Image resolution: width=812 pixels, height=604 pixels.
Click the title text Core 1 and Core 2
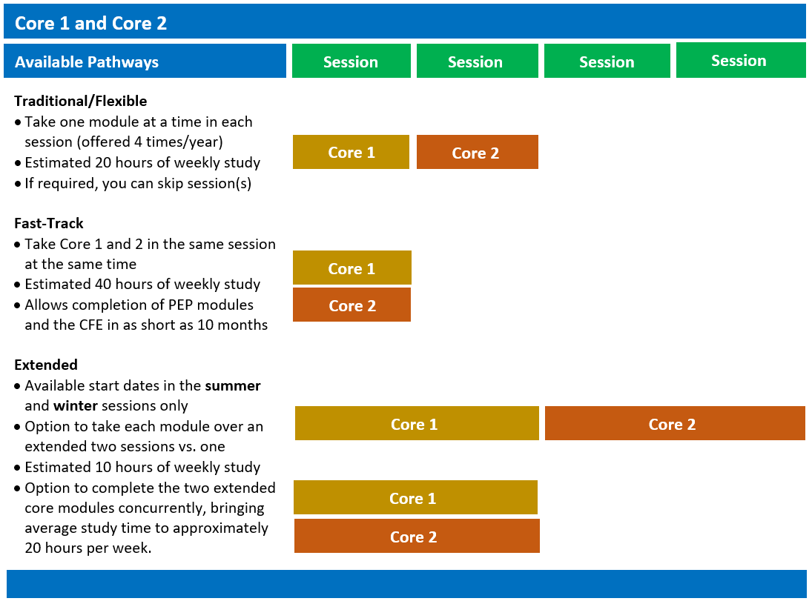coord(90,23)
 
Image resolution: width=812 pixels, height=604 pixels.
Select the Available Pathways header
coord(87,62)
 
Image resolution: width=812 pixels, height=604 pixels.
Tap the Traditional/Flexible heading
coord(80,101)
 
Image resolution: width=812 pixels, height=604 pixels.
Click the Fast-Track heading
coord(49,223)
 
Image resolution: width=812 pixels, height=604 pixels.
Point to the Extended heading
coord(46,365)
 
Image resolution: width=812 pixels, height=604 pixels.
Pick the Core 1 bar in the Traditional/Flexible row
coord(351,152)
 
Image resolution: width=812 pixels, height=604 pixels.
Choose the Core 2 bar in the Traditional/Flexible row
coord(477,153)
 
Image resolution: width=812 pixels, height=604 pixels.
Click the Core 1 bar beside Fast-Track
coord(351,268)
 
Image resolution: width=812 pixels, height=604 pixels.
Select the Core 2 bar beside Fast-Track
coord(351,305)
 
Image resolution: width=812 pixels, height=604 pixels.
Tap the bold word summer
coord(233,385)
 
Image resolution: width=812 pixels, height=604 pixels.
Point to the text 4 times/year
coord(187,142)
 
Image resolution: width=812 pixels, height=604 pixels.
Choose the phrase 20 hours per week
coord(88,548)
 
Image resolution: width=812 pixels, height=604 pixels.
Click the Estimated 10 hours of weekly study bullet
coord(142,467)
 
